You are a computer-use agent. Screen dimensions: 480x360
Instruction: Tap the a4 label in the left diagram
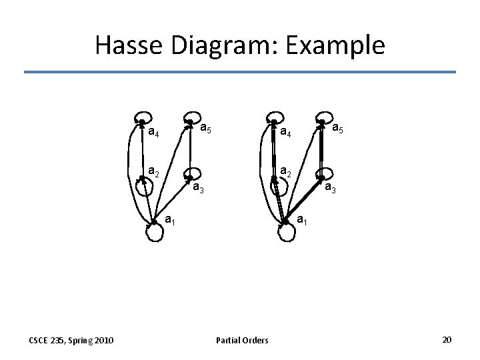coord(153,132)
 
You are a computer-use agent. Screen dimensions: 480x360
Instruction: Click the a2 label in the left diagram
coord(153,171)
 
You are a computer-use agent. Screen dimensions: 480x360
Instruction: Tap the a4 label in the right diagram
coord(285,132)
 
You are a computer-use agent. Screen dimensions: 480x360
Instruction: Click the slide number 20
coord(447,340)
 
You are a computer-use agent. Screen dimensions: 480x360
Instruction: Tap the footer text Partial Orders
coord(242,341)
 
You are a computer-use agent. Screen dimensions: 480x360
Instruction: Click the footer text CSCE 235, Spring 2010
coord(71,341)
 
